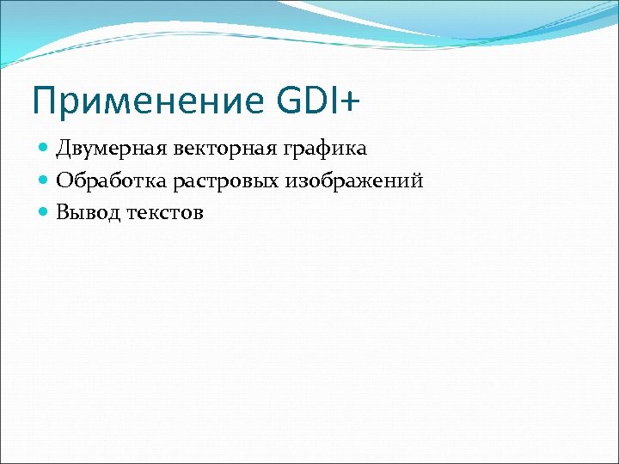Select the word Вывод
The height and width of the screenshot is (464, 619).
(89, 213)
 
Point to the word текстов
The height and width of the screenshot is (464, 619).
(165, 213)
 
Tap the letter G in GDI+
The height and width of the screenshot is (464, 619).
(291, 101)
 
